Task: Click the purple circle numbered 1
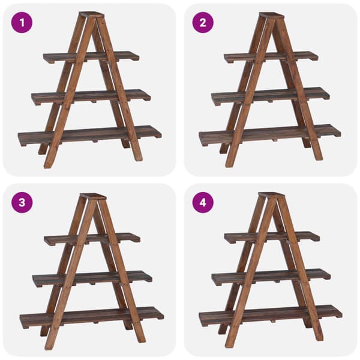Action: coord(22,23)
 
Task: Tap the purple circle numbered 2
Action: coord(203,23)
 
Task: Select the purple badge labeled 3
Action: coord(22,203)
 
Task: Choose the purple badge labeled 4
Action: coord(203,203)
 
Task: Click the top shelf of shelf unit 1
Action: coord(91,57)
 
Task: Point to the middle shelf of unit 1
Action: coord(91,97)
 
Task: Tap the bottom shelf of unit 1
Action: coord(90,136)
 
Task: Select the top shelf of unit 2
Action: coord(271,57)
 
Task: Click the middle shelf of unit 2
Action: coord(271,96)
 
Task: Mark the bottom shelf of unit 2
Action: coord(270,135)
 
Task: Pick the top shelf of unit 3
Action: coord(92,239)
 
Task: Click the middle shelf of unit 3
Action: coord(92,279)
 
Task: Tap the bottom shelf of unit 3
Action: coord(92,317)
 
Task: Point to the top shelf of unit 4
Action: coord(272,238)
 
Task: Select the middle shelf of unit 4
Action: coord(271,277)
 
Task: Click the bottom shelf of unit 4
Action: coord(271,316)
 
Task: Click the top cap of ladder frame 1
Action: coord(92,14)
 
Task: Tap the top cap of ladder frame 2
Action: coord(272,16)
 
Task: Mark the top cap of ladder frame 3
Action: coord(93,196)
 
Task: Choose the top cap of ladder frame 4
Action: coord(271,195)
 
